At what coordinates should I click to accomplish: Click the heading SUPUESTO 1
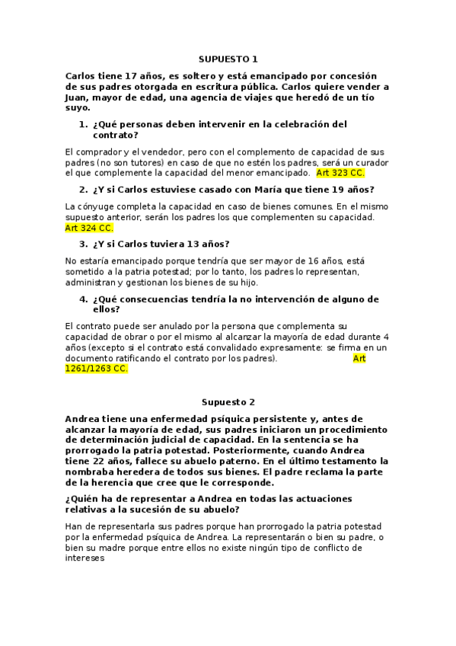tap(228, 59)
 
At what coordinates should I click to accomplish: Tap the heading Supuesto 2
tap(228, 401)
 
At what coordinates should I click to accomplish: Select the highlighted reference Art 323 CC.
tap(340, 173)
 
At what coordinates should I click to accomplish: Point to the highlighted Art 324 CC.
tap(89, 228)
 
